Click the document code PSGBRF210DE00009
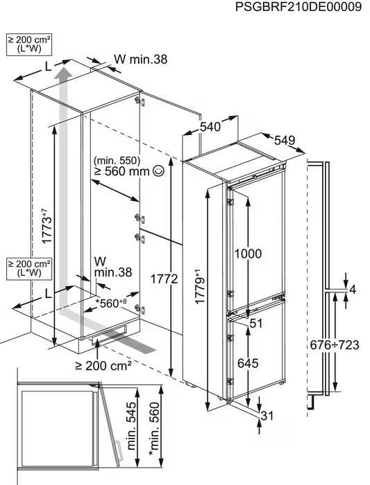point(298,7)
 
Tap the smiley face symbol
point(158,171)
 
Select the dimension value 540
point(210,127)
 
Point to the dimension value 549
point(285,141)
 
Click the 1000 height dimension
point(248,254)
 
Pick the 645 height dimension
point(248,363)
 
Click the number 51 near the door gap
point(256,324)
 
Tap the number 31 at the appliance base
point(267,416)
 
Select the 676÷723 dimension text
point(335,345)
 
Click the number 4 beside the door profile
point(353,290)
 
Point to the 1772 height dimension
point(165,279)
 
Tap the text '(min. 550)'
point(117,161)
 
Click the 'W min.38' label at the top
point(140,59)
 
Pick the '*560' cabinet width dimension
point(111,303)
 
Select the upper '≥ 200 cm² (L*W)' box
point(29,44)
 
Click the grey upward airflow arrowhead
point(64,76)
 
